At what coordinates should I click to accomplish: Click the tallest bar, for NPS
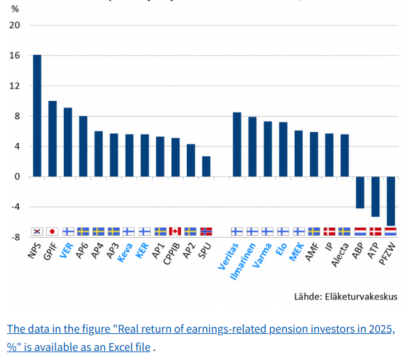click(37, 115)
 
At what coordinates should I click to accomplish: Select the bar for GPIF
click(53, 139)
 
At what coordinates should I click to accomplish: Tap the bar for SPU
click(206, 166)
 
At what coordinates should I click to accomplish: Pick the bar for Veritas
click(237, 145)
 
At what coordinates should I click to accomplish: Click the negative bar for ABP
click(360, 192)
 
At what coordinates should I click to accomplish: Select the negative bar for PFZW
click(391, 201)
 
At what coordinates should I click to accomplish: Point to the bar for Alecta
click(344, 155)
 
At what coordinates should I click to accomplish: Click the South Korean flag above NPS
click(37, 231)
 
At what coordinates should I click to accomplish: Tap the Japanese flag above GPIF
click(53, 231)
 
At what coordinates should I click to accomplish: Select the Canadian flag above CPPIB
click(175, 231)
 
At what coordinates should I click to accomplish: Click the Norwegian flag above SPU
click(206, 231)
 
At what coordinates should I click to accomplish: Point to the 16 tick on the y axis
click(15, 56)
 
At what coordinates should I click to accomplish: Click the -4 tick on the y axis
click(15, 207)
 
